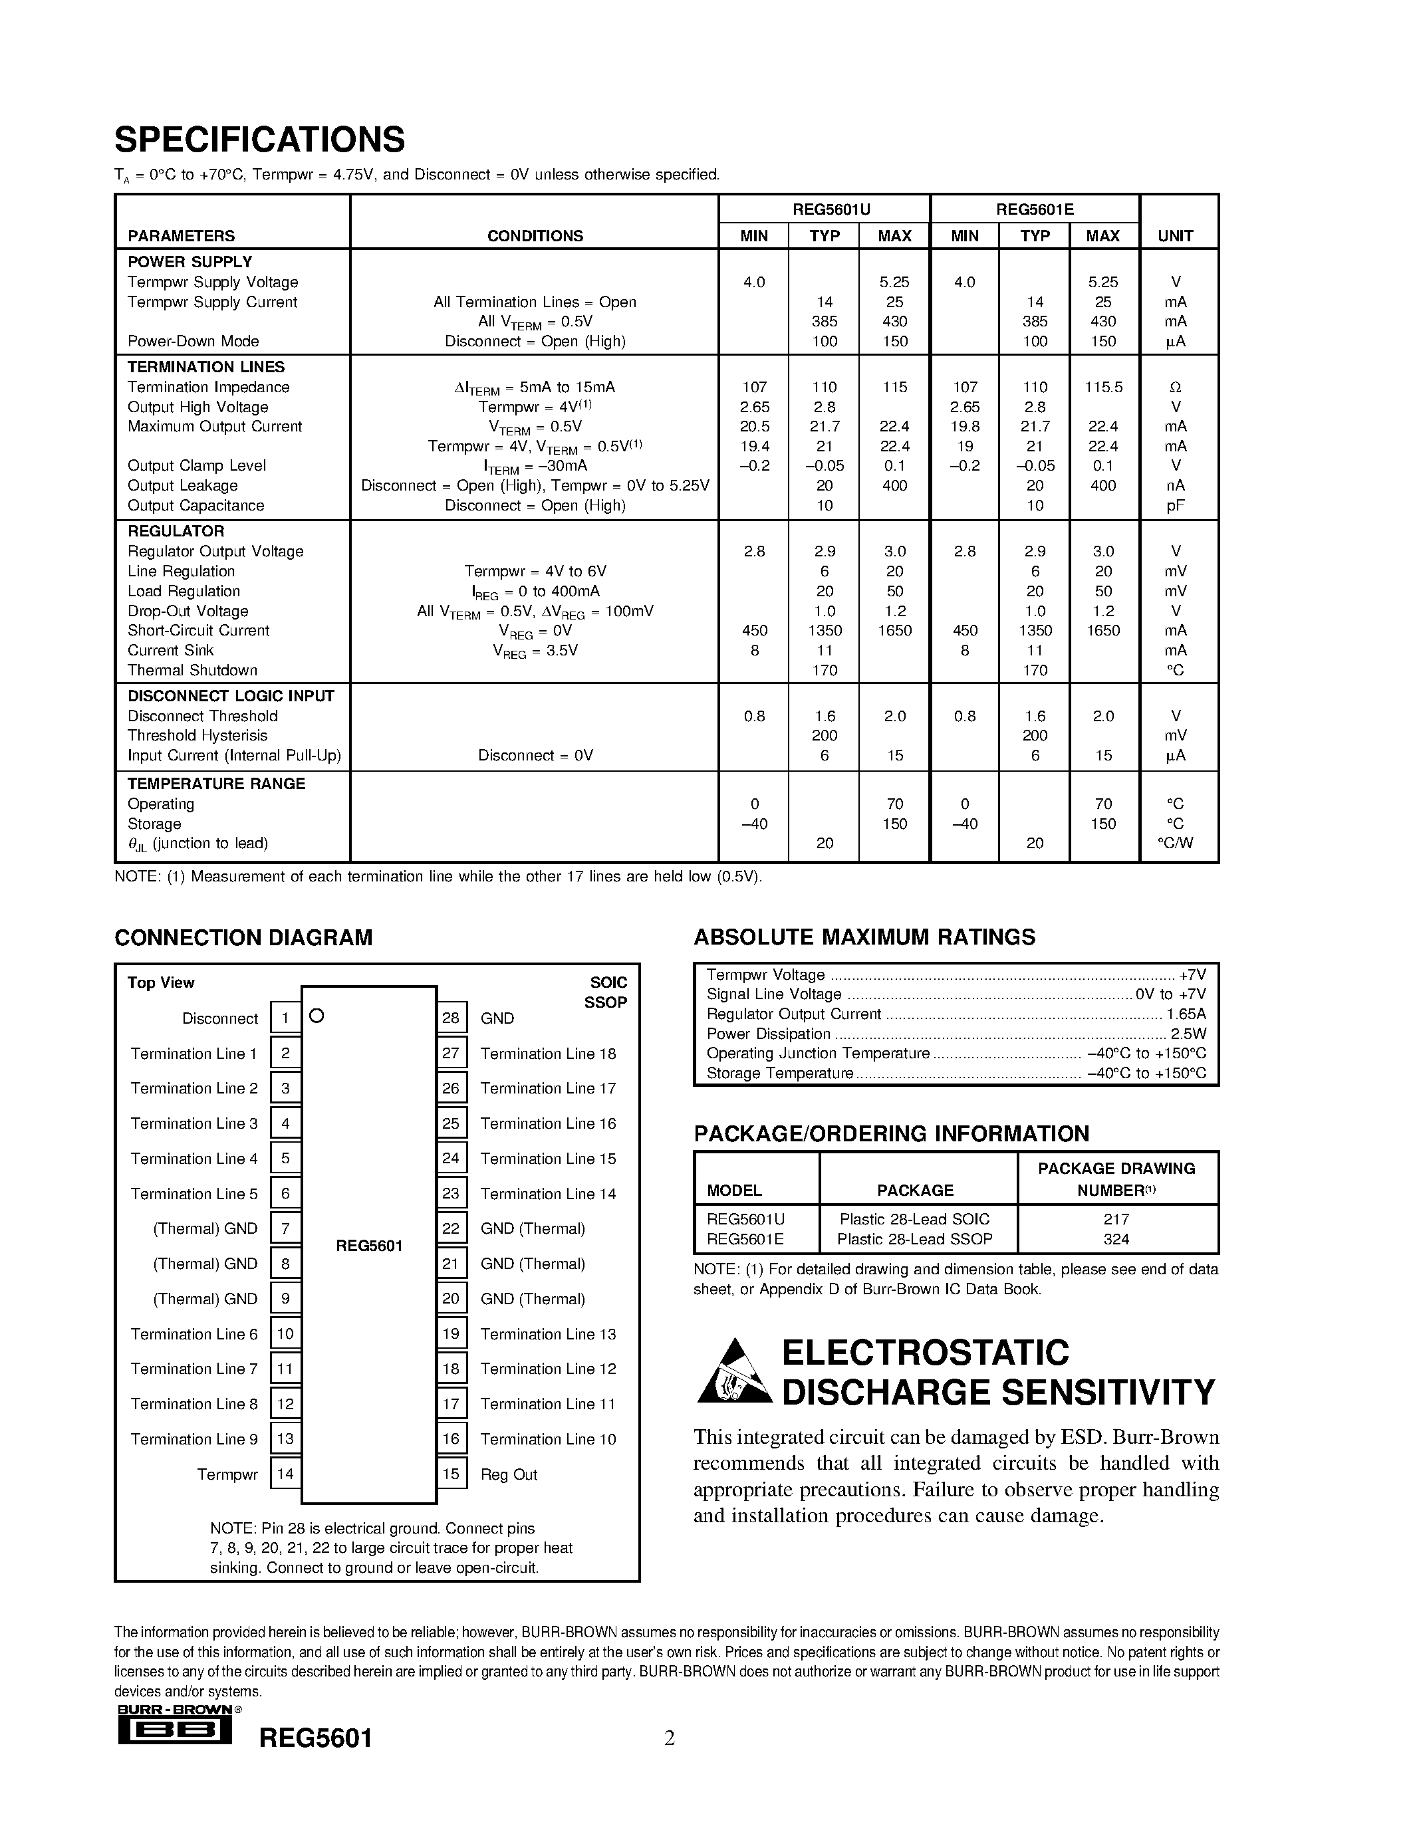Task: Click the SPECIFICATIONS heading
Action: [x=259, y=140]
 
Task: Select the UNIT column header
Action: [x=1175, y=236]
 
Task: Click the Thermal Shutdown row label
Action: [x=193, y=671]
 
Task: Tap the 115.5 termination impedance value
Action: [x=1103, y=388]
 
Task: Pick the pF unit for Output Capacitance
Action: [x=1175, y=506]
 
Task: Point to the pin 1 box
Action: [x=285, y=1018]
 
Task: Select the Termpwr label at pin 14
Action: [x=227, y=1474]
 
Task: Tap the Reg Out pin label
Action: [x=509, y=1474]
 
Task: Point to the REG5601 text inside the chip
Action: [x=369, y=1246]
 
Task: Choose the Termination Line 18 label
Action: [x=549, y=1054]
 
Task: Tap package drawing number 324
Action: [x=1116, y=1240]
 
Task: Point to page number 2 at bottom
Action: [x=670, y=1738]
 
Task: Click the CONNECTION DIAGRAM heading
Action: [x=243, y=937]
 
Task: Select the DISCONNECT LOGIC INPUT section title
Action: [x=231, y=697]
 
